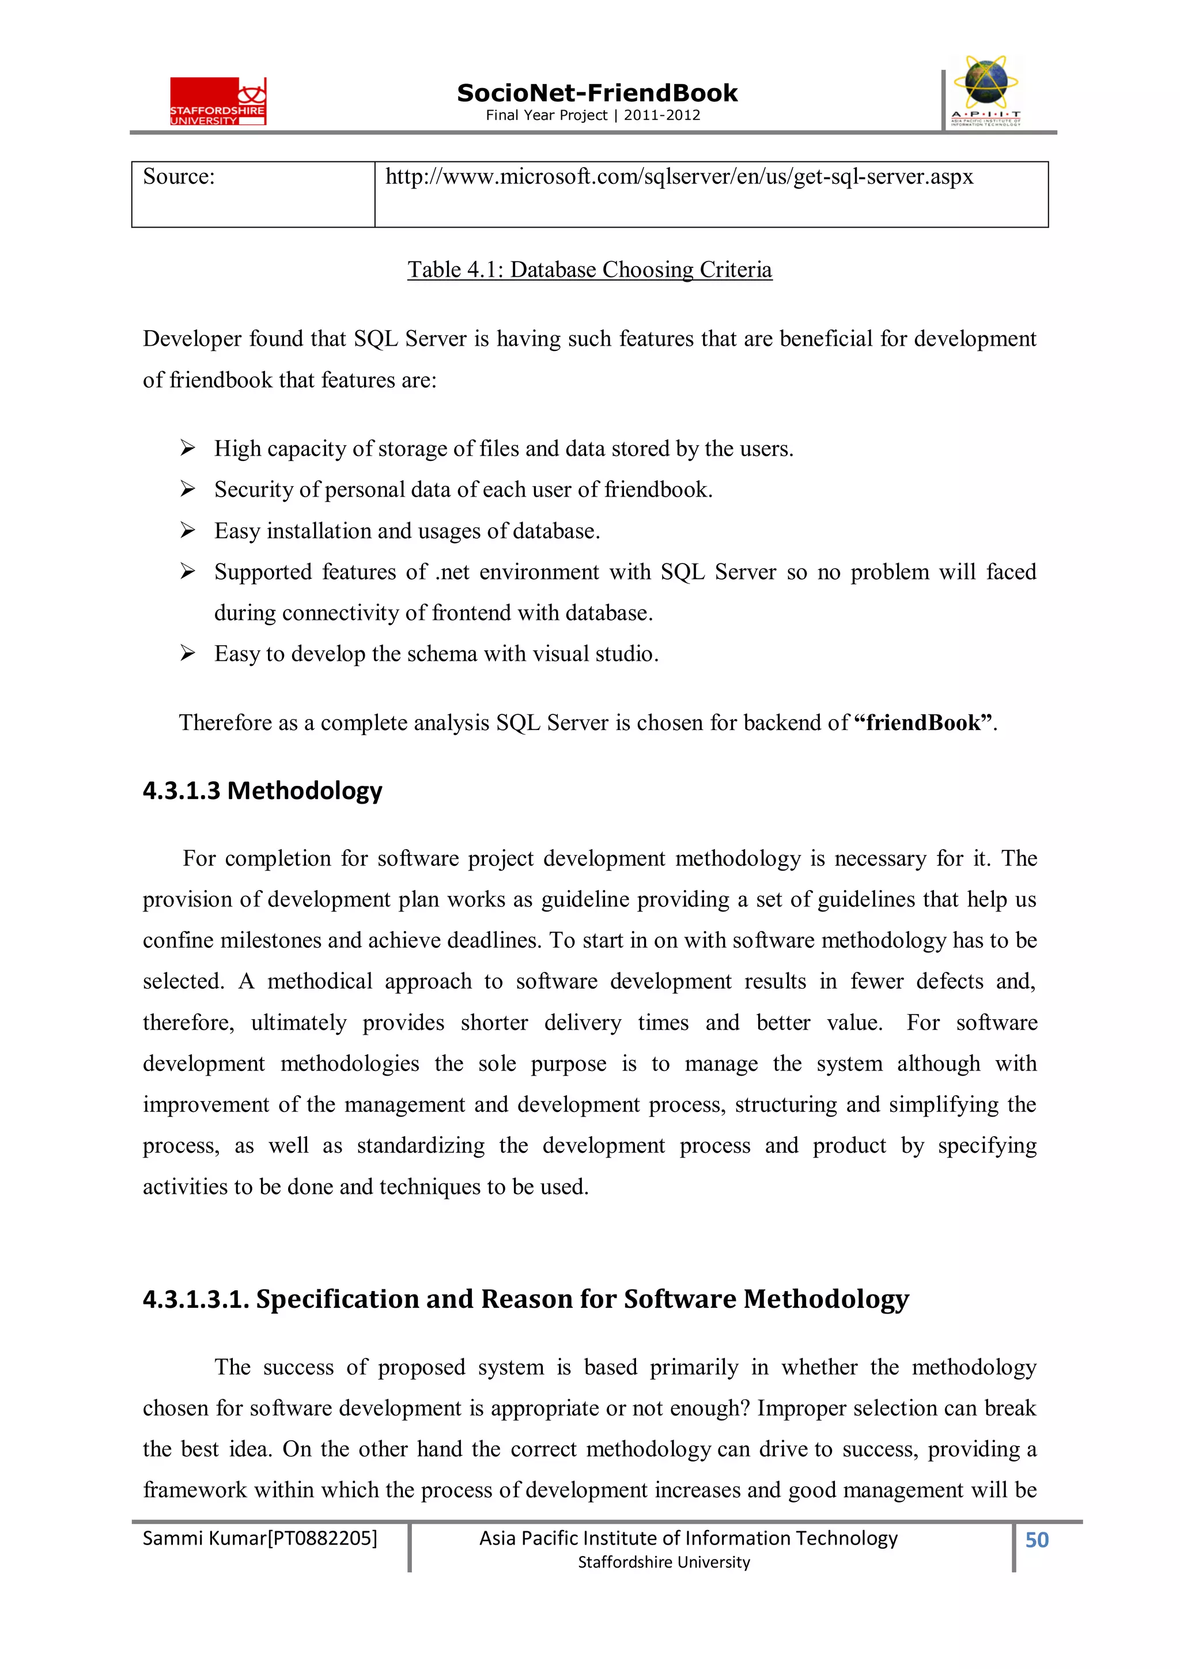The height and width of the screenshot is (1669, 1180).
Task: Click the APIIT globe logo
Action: coord(986,91)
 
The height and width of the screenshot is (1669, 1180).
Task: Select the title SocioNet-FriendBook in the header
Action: coord(597,93)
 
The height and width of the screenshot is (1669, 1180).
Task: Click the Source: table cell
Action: coord(252,194)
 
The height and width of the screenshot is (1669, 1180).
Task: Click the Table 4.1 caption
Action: coord(589,270)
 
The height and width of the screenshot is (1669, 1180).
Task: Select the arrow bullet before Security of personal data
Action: coord(188,489)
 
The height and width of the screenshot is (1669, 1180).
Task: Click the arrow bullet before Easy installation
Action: coord(188,531)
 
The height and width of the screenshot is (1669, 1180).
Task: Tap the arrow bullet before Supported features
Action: coord(188,572)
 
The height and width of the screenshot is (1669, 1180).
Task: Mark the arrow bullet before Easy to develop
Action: coord(188,653)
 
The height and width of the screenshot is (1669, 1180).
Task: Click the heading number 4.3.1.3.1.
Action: coord(195,1299)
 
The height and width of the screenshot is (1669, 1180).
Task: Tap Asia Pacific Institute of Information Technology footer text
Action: coord(688,1538)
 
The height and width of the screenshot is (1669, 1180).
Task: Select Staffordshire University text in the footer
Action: coord(663,1562)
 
